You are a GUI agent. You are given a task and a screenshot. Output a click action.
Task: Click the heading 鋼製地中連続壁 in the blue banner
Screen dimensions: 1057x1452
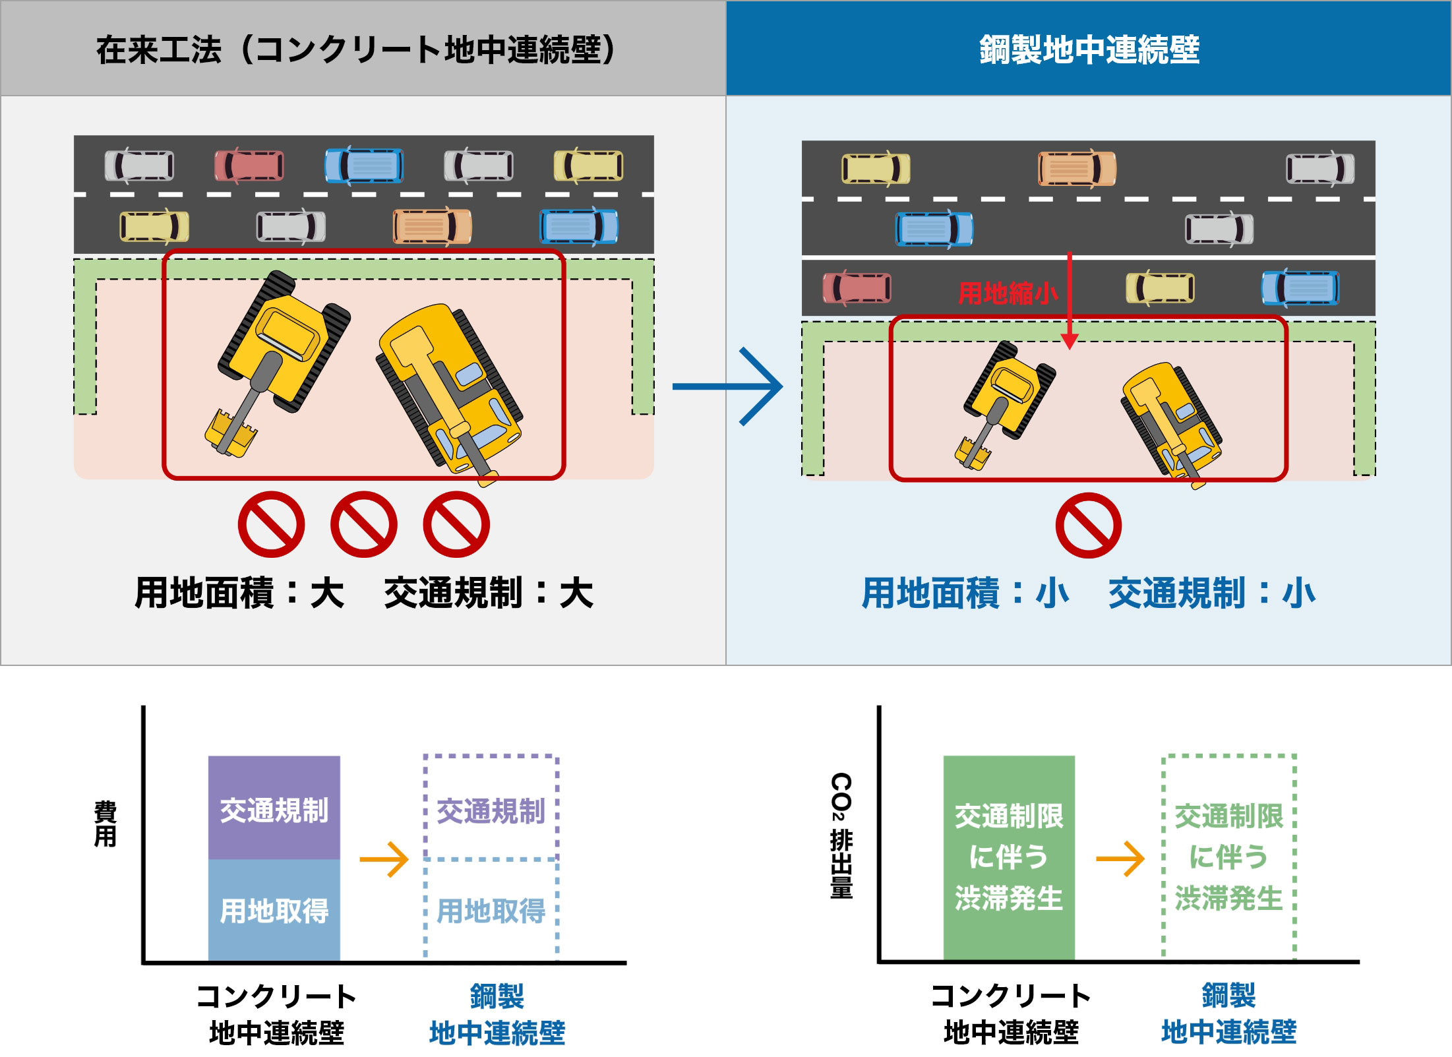coord(1089,49)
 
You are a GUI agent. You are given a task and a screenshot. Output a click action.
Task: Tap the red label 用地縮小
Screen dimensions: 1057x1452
coord(1008,293)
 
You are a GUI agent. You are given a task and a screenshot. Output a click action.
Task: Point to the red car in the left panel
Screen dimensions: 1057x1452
coord(249,166)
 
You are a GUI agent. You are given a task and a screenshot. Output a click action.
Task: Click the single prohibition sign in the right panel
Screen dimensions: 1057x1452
coord(1088,526)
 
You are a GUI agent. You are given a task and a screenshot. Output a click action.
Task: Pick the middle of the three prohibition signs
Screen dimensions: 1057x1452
coord(363,524)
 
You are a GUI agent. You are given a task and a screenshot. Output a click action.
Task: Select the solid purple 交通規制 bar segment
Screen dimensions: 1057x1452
coord(274,808)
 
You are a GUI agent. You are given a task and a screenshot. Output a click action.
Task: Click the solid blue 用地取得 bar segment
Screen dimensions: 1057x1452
coord(274,910)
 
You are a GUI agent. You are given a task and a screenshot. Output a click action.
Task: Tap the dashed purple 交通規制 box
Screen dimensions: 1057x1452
coord(491,808)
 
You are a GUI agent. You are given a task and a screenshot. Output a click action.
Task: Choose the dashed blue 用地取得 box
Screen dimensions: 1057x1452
coord(491,910)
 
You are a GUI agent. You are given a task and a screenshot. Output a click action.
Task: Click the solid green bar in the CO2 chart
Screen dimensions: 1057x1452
coord(1009,857)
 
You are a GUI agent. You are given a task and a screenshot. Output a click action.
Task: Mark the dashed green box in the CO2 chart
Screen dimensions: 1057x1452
coord(1228,857)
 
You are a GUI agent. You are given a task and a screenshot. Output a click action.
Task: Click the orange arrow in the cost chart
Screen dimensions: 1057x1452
coord(384,859)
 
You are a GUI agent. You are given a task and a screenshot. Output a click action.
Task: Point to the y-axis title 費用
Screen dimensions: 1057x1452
coord(106,824)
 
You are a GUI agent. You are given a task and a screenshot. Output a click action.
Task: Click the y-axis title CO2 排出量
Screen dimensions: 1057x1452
coord(841,835)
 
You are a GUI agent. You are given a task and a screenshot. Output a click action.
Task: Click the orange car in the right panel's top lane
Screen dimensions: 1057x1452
coord(1077,169)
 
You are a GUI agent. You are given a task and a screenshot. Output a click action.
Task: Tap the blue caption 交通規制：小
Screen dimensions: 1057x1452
coord(1211,592)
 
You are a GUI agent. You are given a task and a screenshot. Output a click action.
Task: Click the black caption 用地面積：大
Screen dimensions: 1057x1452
coord(239,592)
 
